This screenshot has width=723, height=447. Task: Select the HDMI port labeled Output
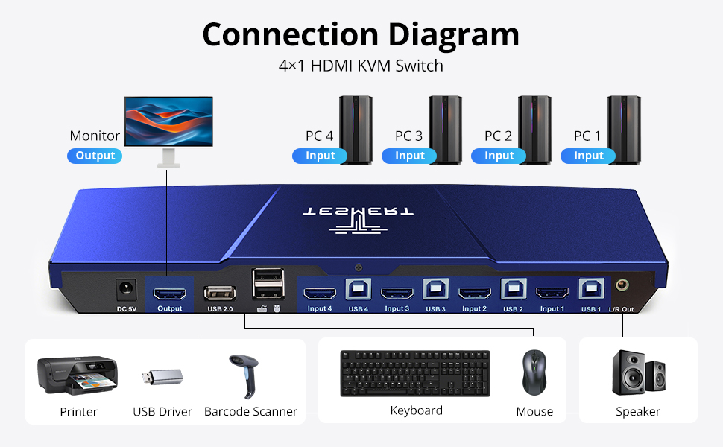[x=170, y=293]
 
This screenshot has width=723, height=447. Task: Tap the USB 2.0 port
[x=220, y=294]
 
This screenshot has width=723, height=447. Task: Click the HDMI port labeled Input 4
[x=320, y=293]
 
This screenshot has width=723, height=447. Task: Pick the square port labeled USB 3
[x=436, y=289]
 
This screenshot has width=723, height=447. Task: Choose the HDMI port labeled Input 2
[x=475, y=293]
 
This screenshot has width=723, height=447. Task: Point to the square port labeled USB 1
[x=592, y=289]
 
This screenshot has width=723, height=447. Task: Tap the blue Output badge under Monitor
[x=95, y=156]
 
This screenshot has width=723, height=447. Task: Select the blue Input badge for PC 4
[x=320, y=156]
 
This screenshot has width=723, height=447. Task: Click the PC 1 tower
[x=624, y=130]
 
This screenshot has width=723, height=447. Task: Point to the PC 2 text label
[x=498, y=136]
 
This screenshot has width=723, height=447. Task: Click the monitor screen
[x=168, y=121]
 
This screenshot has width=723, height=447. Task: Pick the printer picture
[x=78, y=375]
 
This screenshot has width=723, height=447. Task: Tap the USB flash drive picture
[x=162, y=377]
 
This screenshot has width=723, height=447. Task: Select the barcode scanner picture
[x=244, y=376]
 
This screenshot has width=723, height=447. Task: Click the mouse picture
[x=534, y=372]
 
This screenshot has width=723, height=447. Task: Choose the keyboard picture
[x=415, y=373]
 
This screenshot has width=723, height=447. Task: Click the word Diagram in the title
[x=454, y=35]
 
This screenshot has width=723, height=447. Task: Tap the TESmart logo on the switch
[x=359, y=218]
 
